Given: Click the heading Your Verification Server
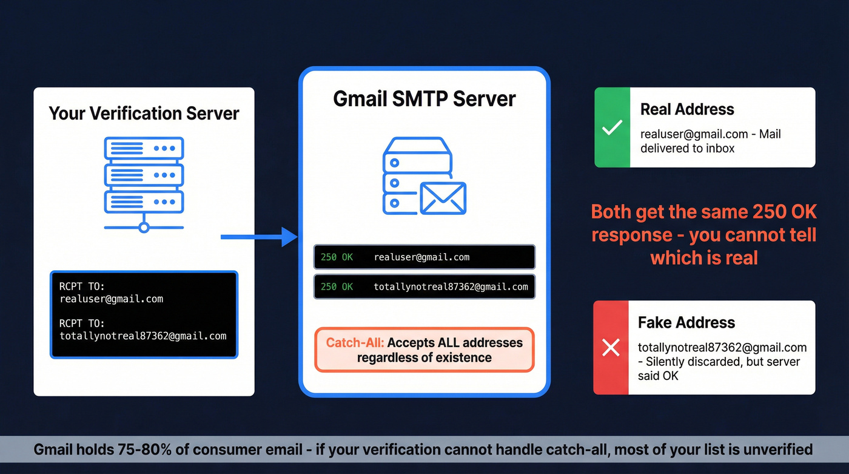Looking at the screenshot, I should [x=144, y=113].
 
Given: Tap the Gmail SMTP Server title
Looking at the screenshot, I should [x=424, y=98].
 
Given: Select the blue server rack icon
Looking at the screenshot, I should [x=144, y=174].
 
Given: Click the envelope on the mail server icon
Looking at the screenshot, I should [x=443, y=198].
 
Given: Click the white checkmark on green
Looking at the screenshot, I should [x=612, y=127].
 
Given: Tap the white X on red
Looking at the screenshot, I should [x=611, y=348].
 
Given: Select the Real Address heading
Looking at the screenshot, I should [x=686, y=109].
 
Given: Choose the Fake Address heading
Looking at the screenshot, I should [x=686, y=322].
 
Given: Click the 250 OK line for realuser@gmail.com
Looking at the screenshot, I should [x=424, y=257].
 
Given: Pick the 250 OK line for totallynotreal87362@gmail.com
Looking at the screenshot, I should [x=424, y=286].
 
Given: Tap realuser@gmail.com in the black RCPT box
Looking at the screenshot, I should [x=111, y=299].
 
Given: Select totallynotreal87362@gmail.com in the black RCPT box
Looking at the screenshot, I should [x=143, y=336].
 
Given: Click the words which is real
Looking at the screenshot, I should [x=704, y=257].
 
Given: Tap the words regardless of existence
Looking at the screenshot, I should [x=424, y=357].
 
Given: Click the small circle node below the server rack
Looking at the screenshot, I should [x=144, y=228].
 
